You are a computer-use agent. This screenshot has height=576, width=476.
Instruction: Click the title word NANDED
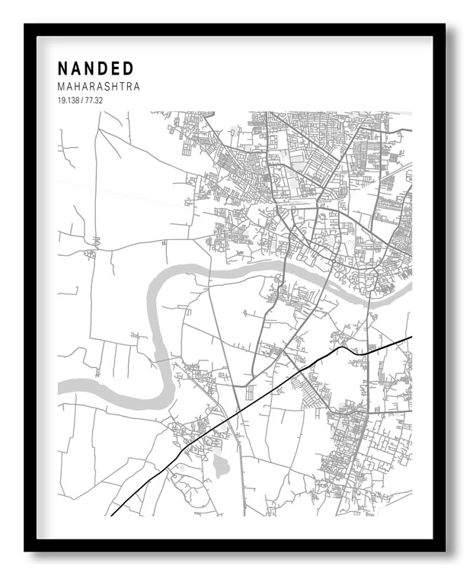coord(95,69)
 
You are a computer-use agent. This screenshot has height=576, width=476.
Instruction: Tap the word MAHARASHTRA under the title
coord(98,87)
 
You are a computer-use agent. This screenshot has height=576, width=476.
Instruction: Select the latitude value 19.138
coord(69,101)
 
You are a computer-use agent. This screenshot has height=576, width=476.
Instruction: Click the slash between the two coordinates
coord(82,101)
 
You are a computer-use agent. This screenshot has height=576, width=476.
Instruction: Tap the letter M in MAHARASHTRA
coord(62,87)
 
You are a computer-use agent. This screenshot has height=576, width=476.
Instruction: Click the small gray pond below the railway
coord(221,465)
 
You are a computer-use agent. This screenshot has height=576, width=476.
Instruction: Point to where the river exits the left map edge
coord(59,388)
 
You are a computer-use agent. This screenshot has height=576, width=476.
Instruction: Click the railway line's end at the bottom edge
coord(111,515)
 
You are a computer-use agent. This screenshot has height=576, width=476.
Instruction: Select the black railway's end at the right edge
coord(411,337)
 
